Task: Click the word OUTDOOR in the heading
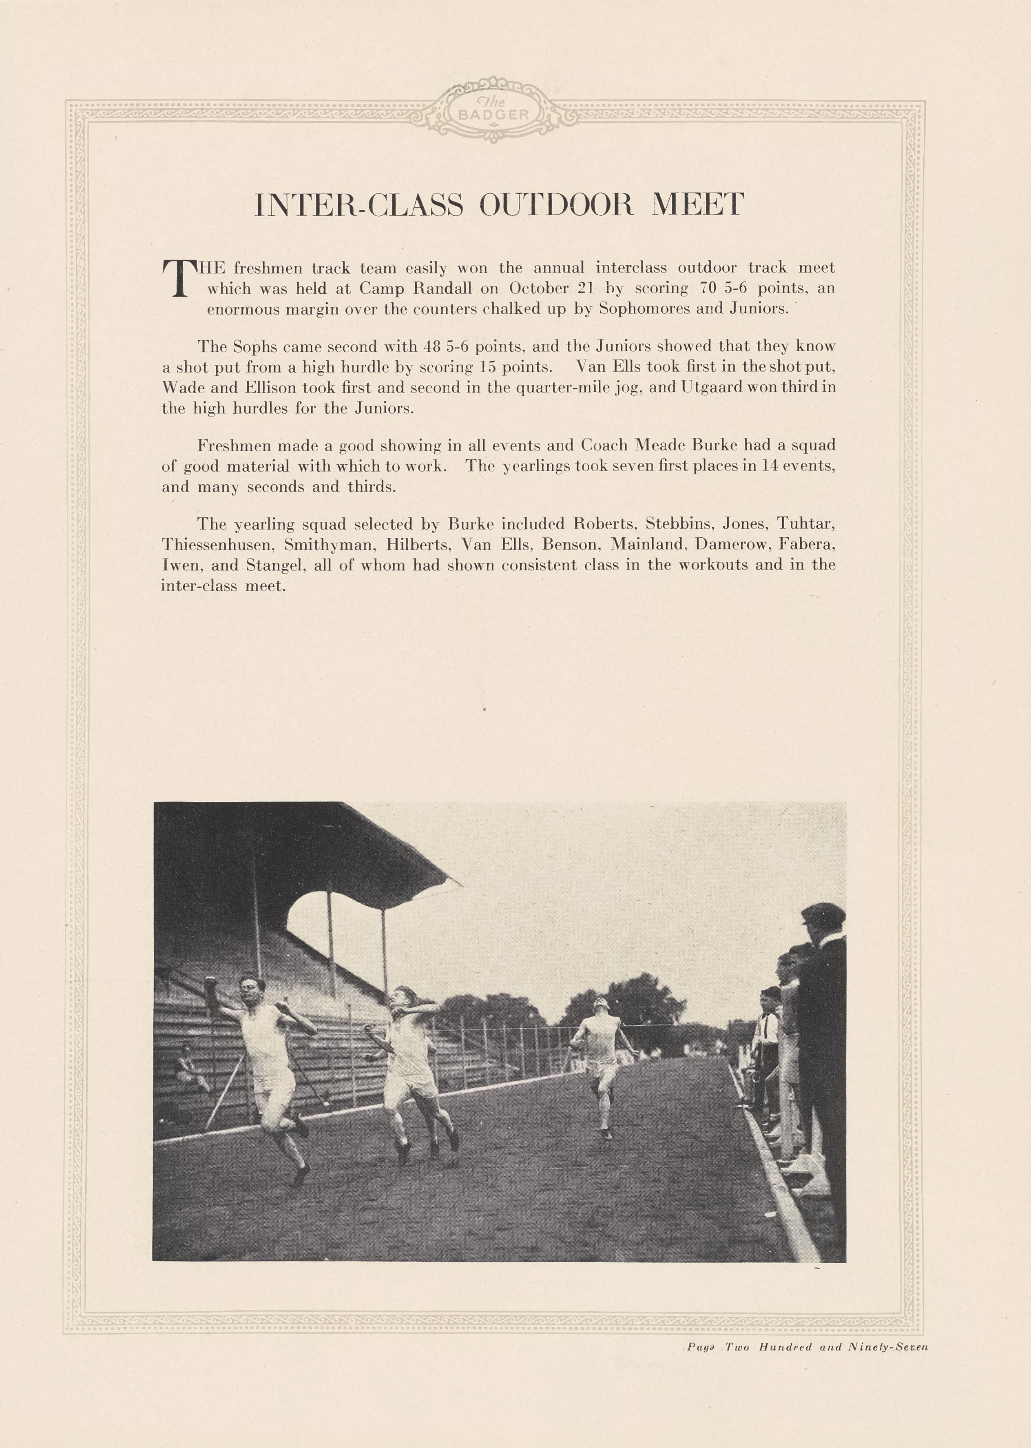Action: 555,204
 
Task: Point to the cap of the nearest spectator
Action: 822,913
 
